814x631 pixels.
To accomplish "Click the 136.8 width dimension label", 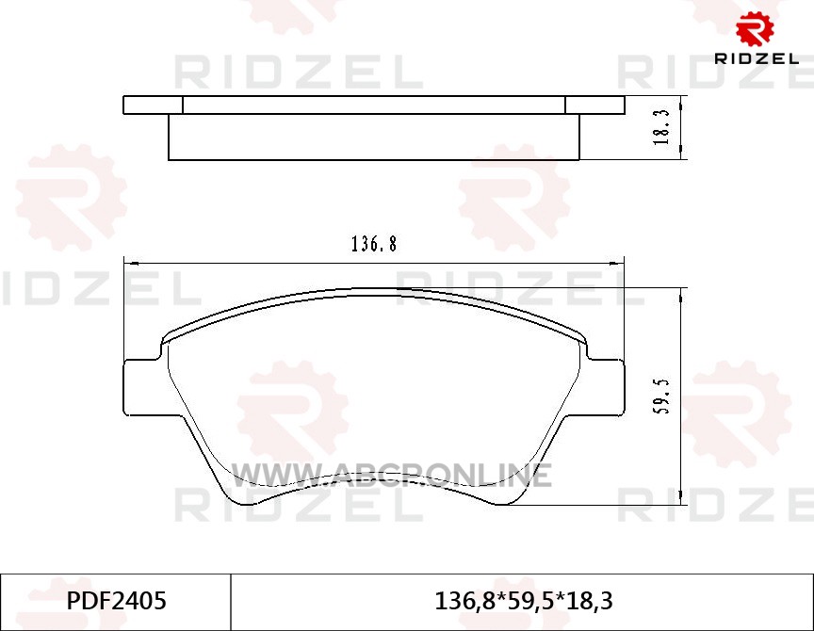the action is (x=374, y=244).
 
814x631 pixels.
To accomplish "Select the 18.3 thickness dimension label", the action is (x=662, y=127).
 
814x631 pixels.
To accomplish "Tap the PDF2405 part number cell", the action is (x=116, y=601).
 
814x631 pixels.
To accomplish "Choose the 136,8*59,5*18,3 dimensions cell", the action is (x=523, y=601).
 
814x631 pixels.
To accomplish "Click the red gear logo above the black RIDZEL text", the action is (x=756, y=28).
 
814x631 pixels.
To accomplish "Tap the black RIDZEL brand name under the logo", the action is (x=757, y=58).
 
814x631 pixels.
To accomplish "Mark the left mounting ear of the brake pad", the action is (x=141, y=386).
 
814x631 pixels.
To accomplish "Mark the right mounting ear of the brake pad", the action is (x=606, y=386).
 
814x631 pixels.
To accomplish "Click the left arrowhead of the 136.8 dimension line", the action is (x=130, y=264).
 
